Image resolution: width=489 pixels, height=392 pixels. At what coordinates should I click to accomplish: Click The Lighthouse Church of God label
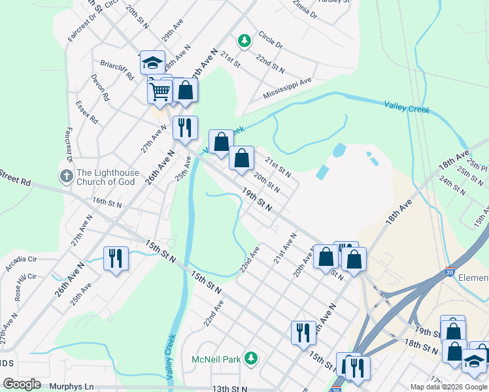[108, 177]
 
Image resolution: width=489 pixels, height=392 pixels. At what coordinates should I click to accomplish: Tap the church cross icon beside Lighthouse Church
[65, 176]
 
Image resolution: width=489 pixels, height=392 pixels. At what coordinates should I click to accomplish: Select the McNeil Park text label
[216, 359]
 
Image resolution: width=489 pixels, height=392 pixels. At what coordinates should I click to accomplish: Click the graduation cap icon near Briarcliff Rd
[152, 63]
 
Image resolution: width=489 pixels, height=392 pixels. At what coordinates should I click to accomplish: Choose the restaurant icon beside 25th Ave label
[116, 259]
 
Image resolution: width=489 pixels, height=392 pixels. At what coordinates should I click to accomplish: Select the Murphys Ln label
[71, 387]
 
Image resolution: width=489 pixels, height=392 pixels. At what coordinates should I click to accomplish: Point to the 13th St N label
[229, 389]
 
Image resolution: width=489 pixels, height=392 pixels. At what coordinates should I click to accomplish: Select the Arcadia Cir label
[22, 263]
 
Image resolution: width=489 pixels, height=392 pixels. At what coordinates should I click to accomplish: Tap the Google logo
[22, 384]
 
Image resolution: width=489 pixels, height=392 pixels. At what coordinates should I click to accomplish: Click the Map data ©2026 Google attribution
[448, 387]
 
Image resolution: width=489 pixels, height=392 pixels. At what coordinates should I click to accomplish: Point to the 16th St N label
[107, 203]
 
